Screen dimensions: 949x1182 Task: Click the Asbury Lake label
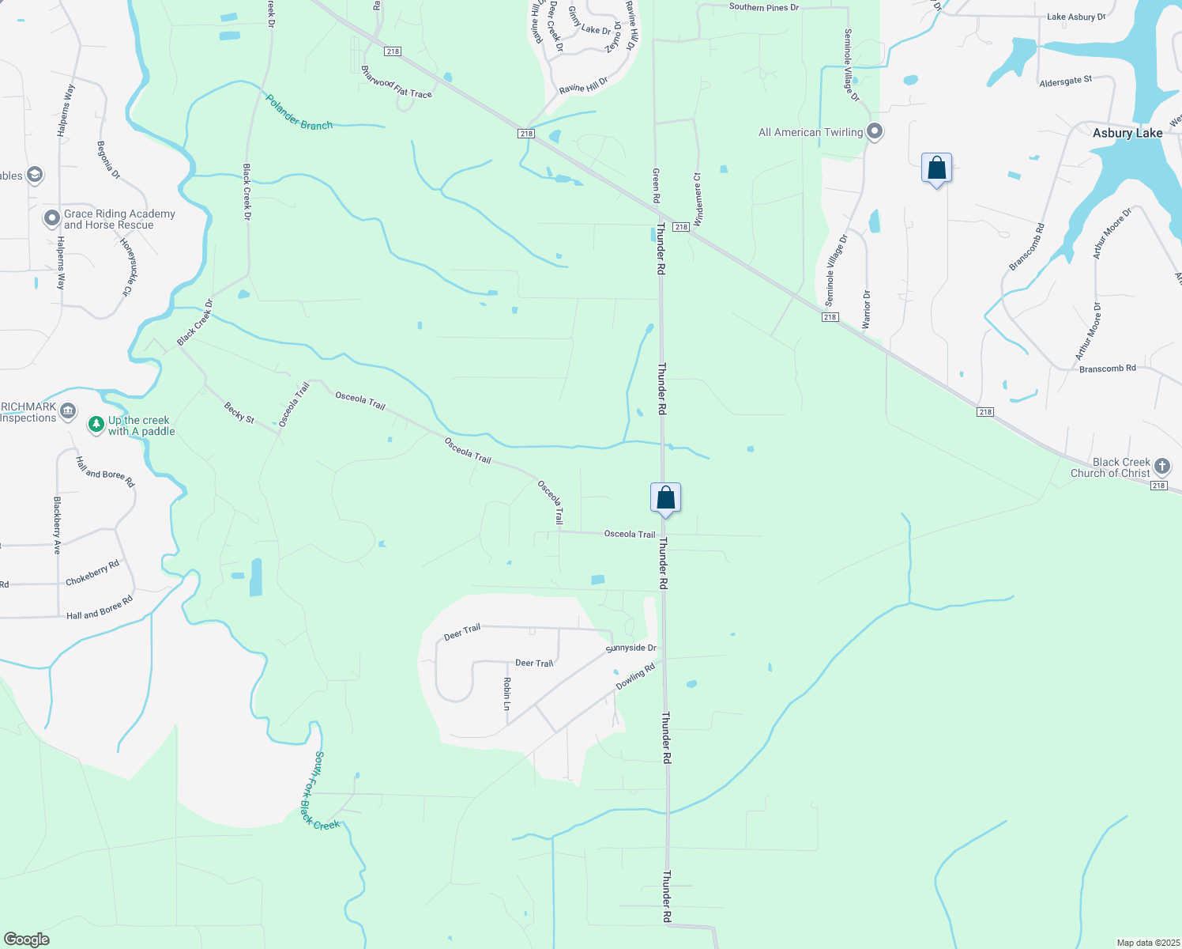pyautogui.click(x=1127, y=133)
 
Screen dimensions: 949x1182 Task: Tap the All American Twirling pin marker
pyautogui.click(x=874, y=131)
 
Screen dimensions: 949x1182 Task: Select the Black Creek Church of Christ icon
pyautogui.click(x=1161, y=466)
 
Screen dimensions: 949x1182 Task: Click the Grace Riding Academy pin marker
pyautogui.click(x=52, y=217)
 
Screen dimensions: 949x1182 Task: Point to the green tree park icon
pyautogui.click(x=96, y=425)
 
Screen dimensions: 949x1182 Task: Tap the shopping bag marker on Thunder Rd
pyautogui.click(x=665, y=498)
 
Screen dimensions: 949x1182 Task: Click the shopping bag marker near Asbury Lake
pyautogui.click(x=936, y=168)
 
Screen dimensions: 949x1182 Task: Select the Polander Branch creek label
pyautogui.click(x=299, y=113)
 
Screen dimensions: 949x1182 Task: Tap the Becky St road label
pyautogui.click(x=239, y=412)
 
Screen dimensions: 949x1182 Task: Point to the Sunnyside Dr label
pyautogui.click(x=631, y=648)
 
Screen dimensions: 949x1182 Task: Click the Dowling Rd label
pyautogui.click(x=635, y=676)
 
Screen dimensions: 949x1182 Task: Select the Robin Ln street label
pyautogui.click(x=507, y=694)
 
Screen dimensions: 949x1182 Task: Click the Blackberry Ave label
pyautogui.click(x=57, y=525)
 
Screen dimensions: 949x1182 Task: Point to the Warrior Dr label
pyautogui.click(x=866, y=310)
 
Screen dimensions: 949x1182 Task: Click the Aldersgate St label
pyautogui.click(x=1065, y=81)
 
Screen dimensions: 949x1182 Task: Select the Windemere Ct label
pyautogui.click(x=697, y=198)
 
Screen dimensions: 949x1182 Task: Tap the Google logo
pyautogui.click(x=26, y=939)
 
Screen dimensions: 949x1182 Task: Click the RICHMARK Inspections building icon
pyautogui.click(x=69, y=410)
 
